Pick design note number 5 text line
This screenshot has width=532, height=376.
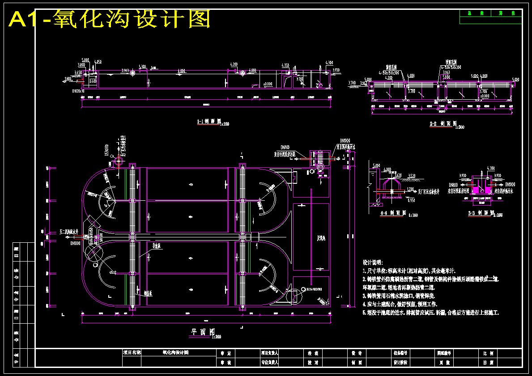click(x=430, y=313)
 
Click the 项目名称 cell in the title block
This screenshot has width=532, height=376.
click(x=132, y=352)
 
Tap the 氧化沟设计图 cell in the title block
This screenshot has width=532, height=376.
click(x=175, y=352)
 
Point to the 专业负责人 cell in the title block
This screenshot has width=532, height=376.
click(x=269, y=363)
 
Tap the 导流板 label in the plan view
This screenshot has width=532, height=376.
click(x=157, y=245)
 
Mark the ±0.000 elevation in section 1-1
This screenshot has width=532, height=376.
click(x=268, y=84)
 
